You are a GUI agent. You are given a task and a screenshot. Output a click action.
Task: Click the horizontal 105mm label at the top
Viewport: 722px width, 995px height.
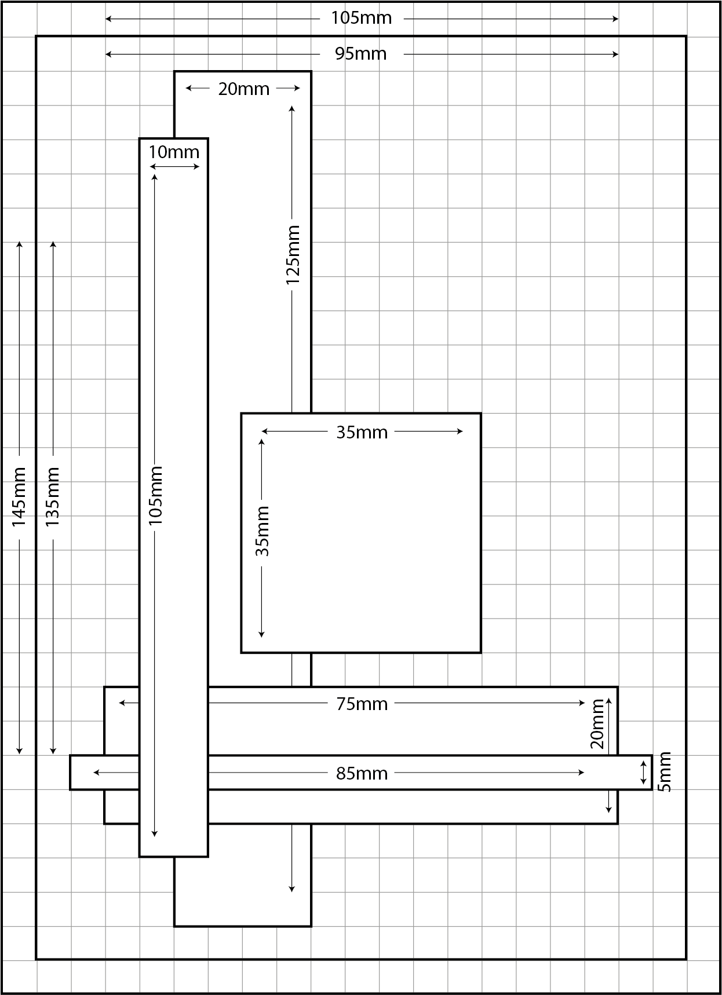(x=361, y=18)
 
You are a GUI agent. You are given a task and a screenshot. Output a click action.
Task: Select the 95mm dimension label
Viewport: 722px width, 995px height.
(x=361, y=54)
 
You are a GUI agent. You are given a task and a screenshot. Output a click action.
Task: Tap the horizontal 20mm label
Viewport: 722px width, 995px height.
(x=244, y=89)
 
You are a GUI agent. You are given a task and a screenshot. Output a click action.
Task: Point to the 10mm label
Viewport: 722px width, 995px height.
(x=174, y=152)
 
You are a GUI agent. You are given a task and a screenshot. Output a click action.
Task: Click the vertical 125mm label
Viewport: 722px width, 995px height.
(x=293, y=255)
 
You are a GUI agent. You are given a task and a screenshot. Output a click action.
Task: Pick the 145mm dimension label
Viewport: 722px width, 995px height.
(x=19, y=497)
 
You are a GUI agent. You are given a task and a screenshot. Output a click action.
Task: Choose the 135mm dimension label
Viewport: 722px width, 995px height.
(x=53, y=497)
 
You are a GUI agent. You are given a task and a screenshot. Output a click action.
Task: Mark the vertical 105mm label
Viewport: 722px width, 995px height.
(x=155, y=496)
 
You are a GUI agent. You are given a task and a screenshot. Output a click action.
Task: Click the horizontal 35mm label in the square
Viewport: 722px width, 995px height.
(x=362, y=432)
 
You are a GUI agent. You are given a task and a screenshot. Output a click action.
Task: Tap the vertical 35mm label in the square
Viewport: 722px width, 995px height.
(x=262, y=531)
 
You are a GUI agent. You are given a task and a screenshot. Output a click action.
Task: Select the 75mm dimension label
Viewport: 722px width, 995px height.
(x=362, y=704)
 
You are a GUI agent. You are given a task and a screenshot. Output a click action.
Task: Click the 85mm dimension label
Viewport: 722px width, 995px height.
(x=362, y=773)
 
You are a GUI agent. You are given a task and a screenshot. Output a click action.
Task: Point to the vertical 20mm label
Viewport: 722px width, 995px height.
(x=597, y=724)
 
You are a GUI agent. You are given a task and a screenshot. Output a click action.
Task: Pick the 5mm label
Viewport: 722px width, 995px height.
(x=665, y=772)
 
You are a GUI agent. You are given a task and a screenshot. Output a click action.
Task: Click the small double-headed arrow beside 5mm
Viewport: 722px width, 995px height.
(x=643, y=773)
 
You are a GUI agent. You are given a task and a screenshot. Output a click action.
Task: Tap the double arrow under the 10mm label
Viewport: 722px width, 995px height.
(x=174, y=167)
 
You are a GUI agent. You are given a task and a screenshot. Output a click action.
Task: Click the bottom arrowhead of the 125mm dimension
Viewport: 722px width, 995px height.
(x=292, y=888)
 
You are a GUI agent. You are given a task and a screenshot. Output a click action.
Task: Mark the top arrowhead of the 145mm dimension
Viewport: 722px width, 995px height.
(x=19, y=244)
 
